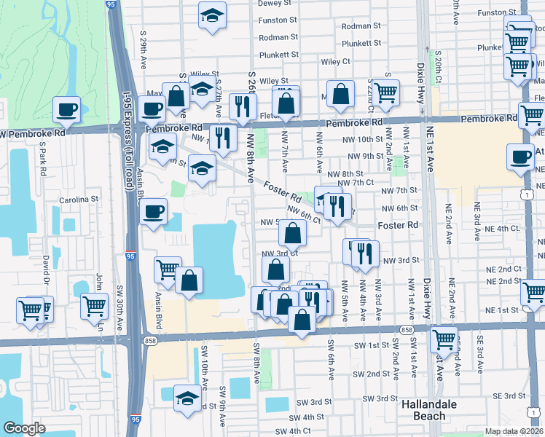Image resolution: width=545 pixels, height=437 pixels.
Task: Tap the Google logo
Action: [24, 428]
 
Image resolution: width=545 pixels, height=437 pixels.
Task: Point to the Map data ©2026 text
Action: [514, 431]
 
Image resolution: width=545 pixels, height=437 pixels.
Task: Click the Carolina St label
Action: [79, 199]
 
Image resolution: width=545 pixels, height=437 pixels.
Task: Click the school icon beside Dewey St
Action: [212, 15]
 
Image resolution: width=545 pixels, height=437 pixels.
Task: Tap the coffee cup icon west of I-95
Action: [66, 109]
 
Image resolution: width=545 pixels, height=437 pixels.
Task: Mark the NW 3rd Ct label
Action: [280, 253]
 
